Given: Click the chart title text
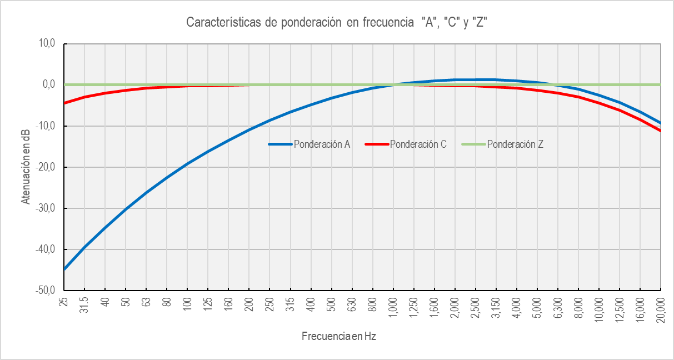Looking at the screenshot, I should tap(337, 23).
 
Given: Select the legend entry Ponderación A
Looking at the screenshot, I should tap(322, 144).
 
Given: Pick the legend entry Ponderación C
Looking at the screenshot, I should tap(418, 144).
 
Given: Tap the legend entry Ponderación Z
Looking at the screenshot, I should tap(515, 144).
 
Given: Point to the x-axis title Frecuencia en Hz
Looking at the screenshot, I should tap(339, 336).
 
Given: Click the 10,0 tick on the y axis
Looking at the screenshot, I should tap(47, 44).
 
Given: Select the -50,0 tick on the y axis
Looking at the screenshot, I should tap(45, 291).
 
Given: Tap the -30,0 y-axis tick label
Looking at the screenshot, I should tap(45, 208).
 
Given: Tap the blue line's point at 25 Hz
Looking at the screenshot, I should tap(65, 269).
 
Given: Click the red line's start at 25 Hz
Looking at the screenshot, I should tap(65, 103).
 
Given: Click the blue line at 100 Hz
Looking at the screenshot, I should tap(188, 164).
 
